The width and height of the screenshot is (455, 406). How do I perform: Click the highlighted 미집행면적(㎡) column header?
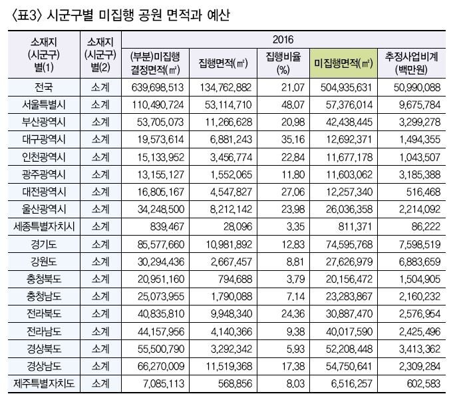[x=343, y=63]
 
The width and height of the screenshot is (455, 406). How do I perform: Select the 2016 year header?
[x=283, y=39]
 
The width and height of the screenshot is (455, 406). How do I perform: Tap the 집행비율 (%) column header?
[x=283, y=63]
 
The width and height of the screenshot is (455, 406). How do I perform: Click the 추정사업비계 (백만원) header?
[x=411, y=63]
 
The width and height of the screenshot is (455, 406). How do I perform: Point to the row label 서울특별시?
[x=44, y=104]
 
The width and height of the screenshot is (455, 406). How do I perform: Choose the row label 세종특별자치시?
[x=44, y=226]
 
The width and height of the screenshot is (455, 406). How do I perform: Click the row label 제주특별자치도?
[x=44, y=383]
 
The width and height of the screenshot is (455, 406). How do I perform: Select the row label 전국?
[x=44, y=87]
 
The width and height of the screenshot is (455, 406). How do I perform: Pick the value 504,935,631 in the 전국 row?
[x=346, y=87]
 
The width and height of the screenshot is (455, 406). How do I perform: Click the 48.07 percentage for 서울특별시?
[x=293, y=105]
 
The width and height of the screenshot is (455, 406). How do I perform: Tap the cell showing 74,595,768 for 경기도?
[x=349, y=244]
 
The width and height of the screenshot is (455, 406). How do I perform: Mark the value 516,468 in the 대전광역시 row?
[x=423, y=192]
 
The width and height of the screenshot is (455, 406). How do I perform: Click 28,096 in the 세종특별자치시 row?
[x=237, y=227]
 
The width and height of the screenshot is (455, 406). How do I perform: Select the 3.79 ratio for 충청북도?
[x=296, y=279]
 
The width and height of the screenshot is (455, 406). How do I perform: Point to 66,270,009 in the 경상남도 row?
[x=161, y=366]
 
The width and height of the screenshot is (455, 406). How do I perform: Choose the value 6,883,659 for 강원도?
[x=420, y=262]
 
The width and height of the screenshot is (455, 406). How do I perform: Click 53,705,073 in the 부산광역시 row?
[x=160, y=122]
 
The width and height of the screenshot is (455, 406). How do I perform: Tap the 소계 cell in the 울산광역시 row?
[x=100, y=209]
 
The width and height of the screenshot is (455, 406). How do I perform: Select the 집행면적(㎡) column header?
[x=223, y=63]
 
